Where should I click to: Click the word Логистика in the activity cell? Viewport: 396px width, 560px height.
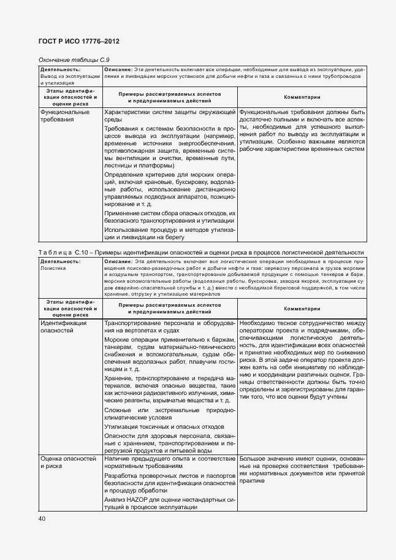click(52, 268)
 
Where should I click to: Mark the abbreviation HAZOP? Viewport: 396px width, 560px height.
click(131, 499)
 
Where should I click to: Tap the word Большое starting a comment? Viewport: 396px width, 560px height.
click(253, 458)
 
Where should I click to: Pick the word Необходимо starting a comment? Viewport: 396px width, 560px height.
click(258, 322)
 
